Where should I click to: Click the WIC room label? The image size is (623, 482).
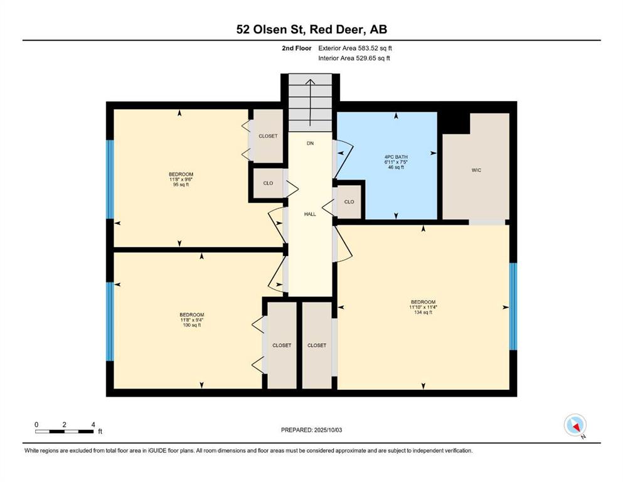point(476,170)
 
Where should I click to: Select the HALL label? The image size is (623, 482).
point(310,214)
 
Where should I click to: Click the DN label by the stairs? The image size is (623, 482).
point(310,144)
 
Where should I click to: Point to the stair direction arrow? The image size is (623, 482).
point(310,103)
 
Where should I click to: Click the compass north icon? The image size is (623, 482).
point(575,425)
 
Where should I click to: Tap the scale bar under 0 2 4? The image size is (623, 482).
point(65,432)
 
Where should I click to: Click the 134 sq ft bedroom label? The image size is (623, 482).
point(423,307)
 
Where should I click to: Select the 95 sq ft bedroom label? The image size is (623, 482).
point(181,179)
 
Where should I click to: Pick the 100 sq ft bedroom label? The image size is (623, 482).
point(191,320)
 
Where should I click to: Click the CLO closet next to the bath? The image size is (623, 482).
point(349,202)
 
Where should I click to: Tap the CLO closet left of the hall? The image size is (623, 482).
point(268,183)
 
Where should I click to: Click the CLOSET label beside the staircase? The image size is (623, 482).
point(268,136)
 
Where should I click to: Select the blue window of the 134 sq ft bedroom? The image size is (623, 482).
point(513,306)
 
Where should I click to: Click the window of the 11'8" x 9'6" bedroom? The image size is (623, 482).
point(110,179)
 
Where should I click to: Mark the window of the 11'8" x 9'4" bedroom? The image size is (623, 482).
point(110,321)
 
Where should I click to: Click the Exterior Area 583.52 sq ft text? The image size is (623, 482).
point(355,48)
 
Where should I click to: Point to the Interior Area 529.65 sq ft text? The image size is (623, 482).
point(354,58)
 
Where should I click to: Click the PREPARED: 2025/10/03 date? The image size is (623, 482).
point(311,430)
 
